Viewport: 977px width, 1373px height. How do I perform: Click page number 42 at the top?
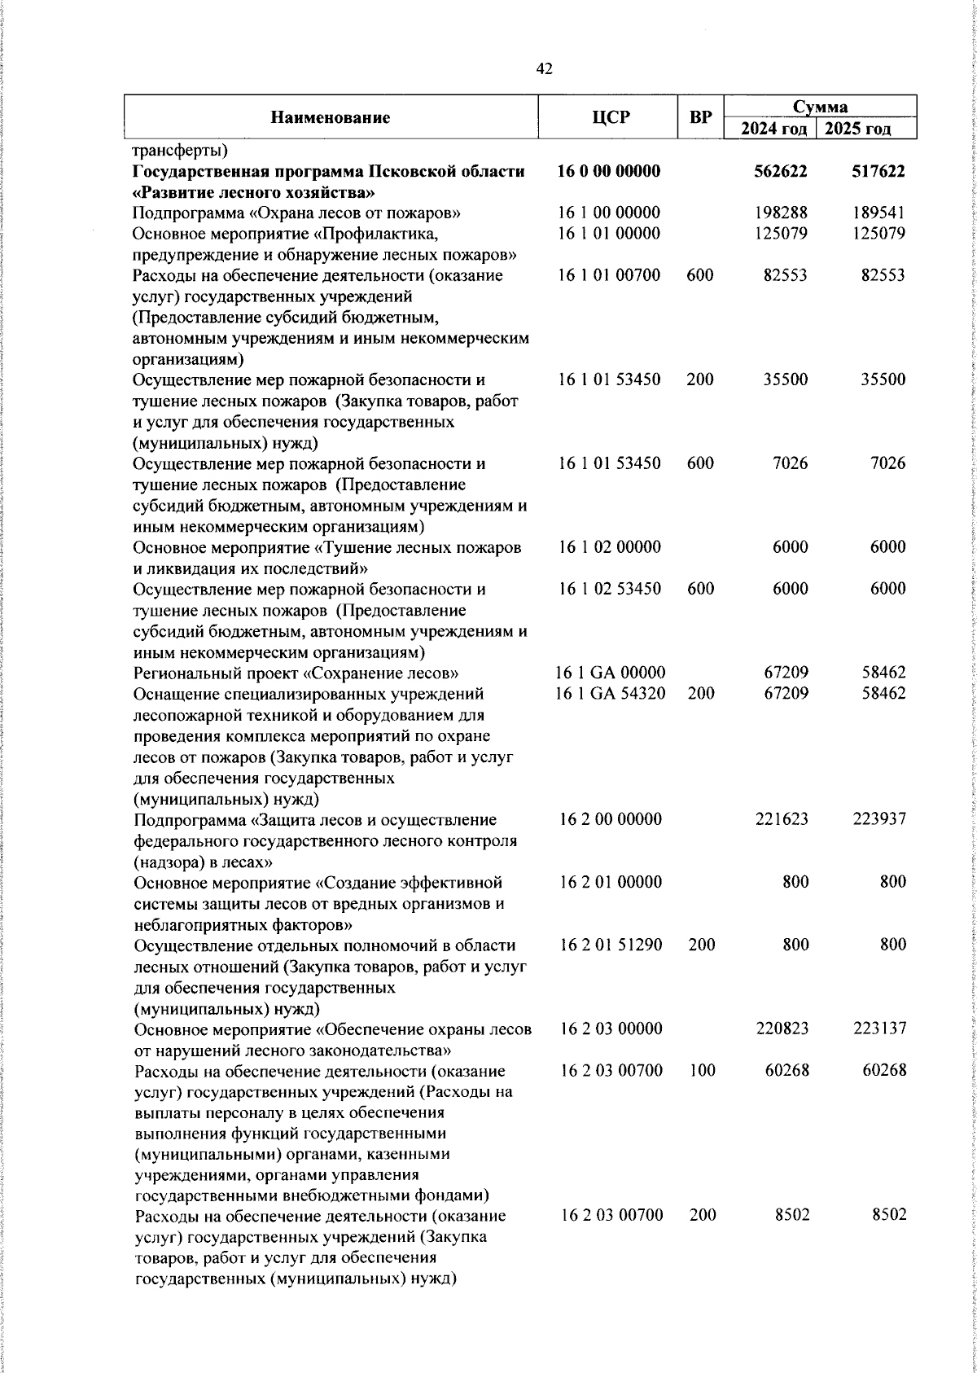tap(545, 69)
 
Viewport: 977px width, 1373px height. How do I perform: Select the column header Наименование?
tap(330, 117)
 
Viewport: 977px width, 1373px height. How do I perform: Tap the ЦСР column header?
tap(610, 117)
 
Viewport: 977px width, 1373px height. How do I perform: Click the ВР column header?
tap(700, 117)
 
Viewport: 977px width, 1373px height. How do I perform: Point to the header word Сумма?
tap(821, 107)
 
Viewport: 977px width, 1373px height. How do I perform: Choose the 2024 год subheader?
tap(773, 129)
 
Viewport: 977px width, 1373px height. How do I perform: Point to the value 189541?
tap(880, 213)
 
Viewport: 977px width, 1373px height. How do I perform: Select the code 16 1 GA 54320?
tap(611, 694)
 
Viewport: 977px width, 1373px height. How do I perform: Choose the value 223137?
tap(880, 1029)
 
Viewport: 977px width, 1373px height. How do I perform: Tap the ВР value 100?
tap(701, 1070)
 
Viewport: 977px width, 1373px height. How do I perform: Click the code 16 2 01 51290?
tap(611, 945)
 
